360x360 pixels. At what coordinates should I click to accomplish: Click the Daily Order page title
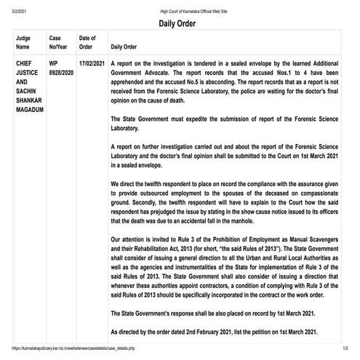pyautogui.click(x=180, y=23)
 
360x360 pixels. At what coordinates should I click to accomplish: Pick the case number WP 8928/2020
pyautogui.click(x=60, y=69)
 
